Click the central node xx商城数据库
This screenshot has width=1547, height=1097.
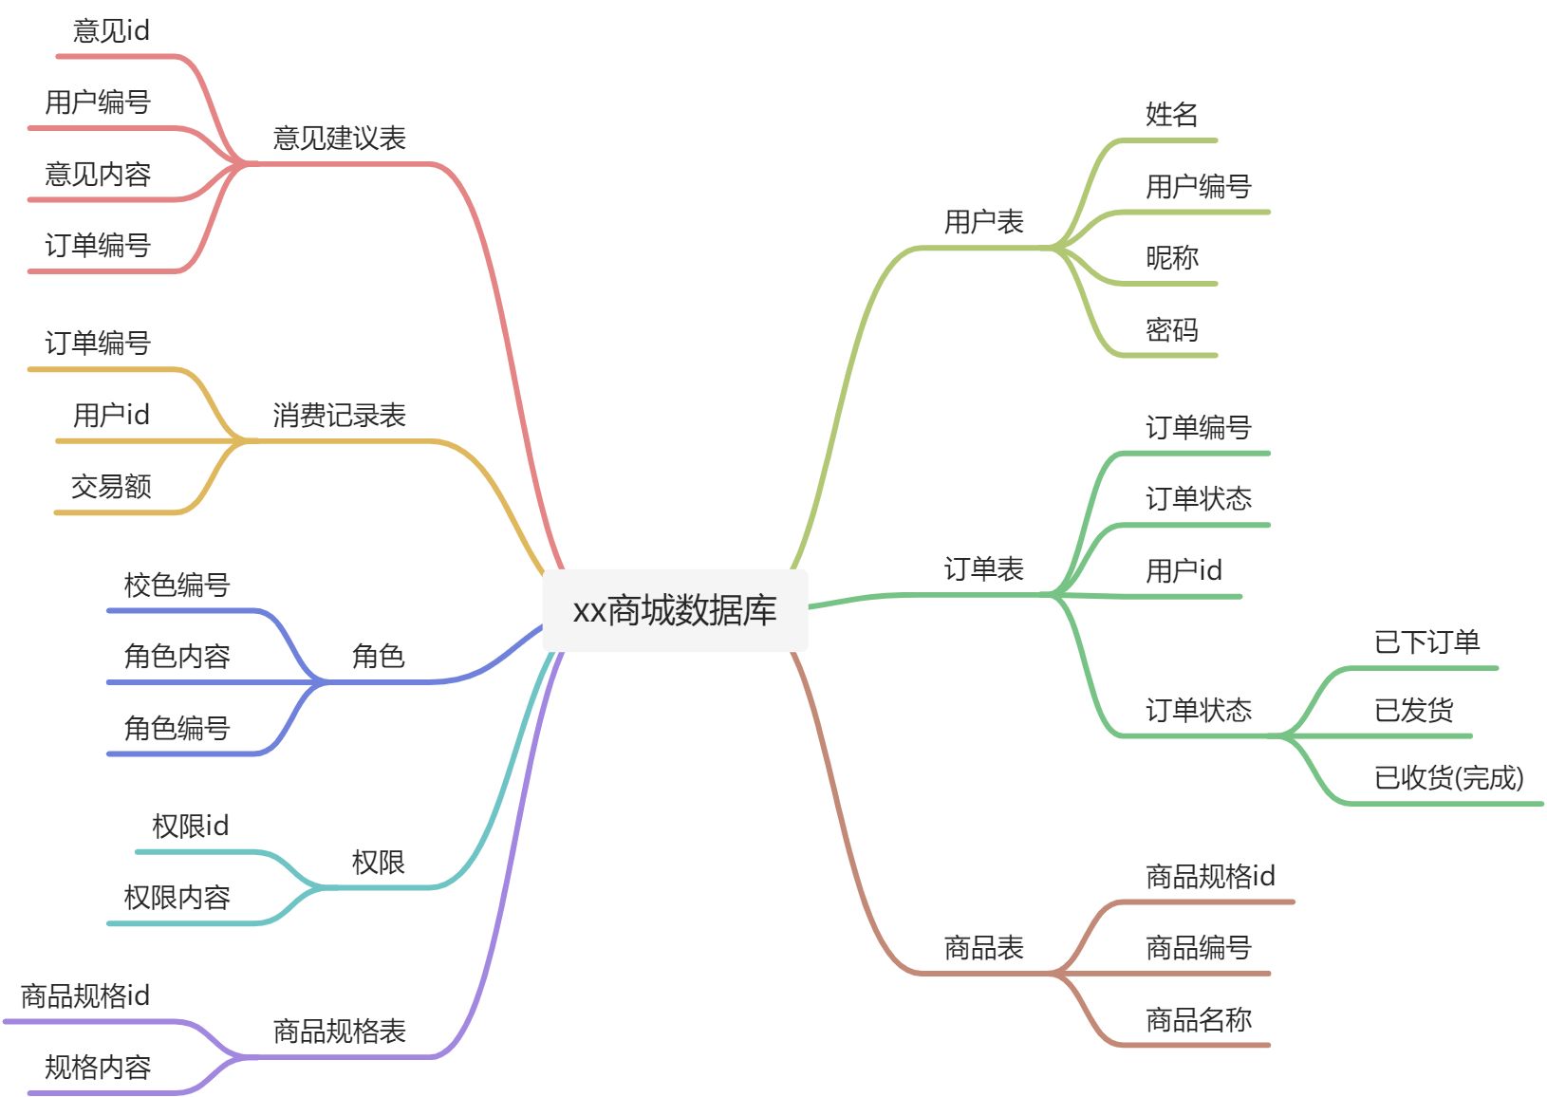[675, 610]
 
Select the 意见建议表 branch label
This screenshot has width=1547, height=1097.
[339, 139]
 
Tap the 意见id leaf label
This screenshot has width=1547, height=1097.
[111, 31]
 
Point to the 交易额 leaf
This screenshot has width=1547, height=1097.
[111, 487]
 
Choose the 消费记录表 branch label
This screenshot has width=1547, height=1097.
[339, 416]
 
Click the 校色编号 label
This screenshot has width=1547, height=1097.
[177, 585]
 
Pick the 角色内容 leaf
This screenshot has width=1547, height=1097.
[177, 657]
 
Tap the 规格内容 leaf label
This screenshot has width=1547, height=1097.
[98, 1068]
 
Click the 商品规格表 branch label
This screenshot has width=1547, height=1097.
[339, 1032]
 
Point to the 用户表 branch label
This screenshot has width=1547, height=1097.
[983, 222]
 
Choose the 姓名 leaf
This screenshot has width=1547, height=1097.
[1171, 115]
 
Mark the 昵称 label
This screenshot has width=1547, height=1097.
[1171, 258]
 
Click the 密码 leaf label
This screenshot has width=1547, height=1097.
[1171, 330]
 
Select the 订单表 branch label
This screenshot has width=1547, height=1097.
[983, 569]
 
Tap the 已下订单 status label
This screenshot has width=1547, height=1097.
[1426, 642]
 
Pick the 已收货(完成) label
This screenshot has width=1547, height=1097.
[1448, 778]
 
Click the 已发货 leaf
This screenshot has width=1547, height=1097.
[1413, 710]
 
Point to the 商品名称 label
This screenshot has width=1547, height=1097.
[1198, 1020]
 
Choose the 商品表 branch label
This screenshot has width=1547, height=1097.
[983, 948]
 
